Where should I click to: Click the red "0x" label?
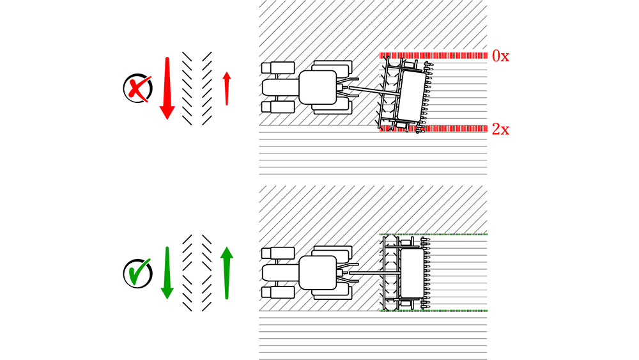coord(500,56)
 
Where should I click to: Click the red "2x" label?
coord(500,129)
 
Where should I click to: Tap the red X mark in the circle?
coord(139,88)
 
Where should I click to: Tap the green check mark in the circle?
coord(139,271)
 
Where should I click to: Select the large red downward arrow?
coord(167,88)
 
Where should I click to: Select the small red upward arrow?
coord(227,88)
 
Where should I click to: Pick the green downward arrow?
coord(167,273)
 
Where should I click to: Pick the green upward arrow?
coord(227,273)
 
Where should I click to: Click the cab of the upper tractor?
coord(318,88)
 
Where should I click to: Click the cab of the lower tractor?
coord(318,273)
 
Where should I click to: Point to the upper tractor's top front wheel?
coord(278,68)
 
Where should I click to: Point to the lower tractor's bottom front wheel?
coord(278,292)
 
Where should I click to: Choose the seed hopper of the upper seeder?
coord(412,95)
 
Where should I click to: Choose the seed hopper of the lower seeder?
coord(412,273)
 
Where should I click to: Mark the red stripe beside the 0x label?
coord(434,56)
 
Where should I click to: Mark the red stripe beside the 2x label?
coord(434,129)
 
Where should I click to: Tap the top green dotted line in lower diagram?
coord(434,235)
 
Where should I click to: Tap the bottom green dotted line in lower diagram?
coord(434,311)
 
